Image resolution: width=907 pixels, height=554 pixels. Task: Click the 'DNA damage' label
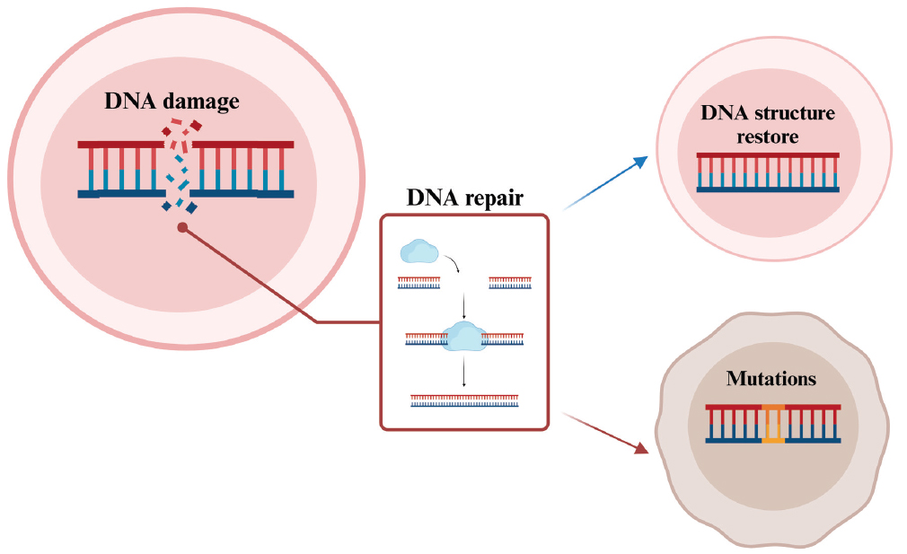[x=172, y=101]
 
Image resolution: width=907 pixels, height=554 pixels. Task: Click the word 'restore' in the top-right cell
[x=768, y=136]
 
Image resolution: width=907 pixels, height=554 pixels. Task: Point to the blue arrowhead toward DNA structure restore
[x=640, y=162]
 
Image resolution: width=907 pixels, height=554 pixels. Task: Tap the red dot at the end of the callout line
[x=182, y=229]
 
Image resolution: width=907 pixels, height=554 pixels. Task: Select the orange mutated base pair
[x=772, y=424]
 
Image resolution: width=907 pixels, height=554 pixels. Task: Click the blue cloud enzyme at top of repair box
[x=419, y=251]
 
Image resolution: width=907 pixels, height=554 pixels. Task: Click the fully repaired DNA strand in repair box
[x=464, y=400]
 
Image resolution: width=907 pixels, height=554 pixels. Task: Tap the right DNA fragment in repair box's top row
[x=509, y=283]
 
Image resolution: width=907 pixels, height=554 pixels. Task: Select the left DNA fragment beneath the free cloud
[x=419, y=283]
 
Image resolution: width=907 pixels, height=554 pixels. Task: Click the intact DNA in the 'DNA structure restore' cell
[x=768, y=172]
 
